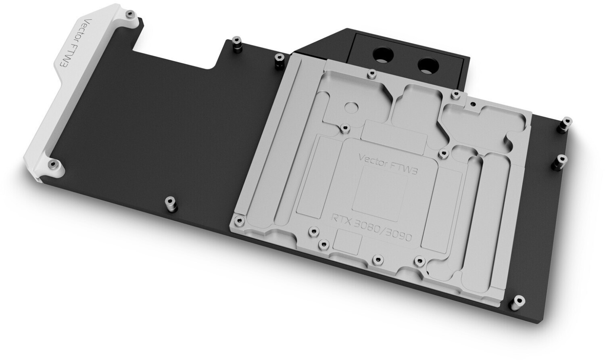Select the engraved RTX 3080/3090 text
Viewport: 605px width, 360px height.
[371, 228]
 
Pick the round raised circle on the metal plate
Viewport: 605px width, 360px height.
[351, 107]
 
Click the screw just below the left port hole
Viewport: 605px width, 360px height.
[371, 74]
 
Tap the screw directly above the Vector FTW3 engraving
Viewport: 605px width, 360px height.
[345, 128]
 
